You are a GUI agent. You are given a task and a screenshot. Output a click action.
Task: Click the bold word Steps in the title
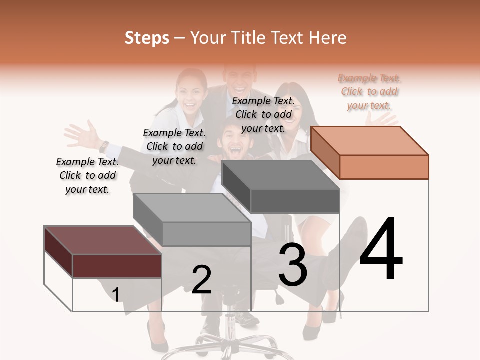click(x=147, y=38)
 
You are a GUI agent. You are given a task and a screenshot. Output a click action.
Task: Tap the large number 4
click(x=381, y=250)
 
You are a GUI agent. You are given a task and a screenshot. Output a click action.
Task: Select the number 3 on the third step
click(x=293, y=265)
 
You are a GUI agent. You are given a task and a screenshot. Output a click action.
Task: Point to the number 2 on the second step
click(x=201, y=280)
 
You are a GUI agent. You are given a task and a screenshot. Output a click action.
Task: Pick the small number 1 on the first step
click(x=115, y=295)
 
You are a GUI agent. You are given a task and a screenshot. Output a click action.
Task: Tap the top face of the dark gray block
click(x=280, y=175)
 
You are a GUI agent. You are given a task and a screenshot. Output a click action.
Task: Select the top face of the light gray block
click(x=192, y=208)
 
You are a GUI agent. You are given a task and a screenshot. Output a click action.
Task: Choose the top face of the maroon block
click(x=103, y=240)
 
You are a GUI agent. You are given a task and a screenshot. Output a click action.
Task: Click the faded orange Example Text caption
click(x=369, y=92)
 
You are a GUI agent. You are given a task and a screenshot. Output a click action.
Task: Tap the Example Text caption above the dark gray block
click(x=263, y=114)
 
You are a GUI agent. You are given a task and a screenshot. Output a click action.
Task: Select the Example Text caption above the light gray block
click(x=174, y=146)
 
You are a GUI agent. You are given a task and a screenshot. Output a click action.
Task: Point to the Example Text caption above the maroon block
click(x=87, y=175)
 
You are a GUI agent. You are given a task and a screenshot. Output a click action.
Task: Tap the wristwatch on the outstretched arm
click(x=104, y=146)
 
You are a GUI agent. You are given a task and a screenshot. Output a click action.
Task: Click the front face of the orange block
click(x=384, y=167)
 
